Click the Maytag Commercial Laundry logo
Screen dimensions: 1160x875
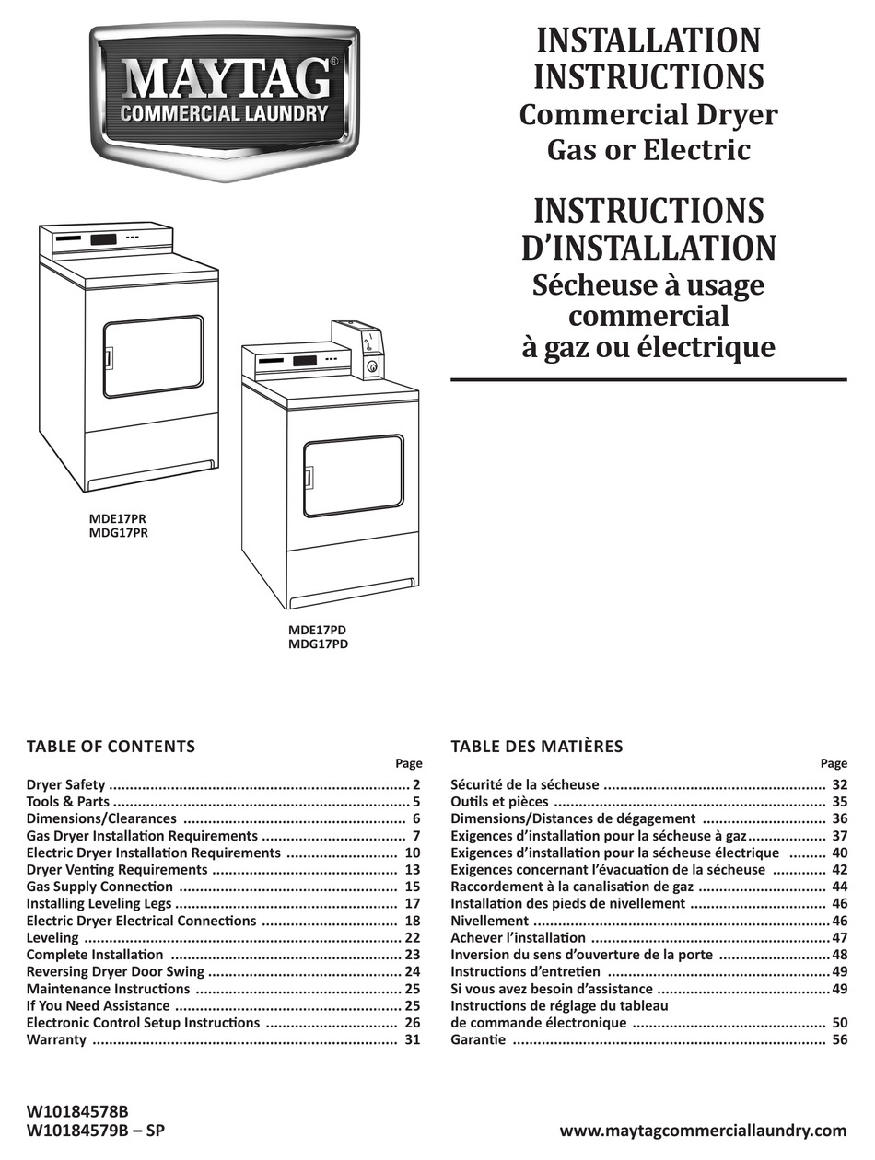pyautogui.click(x=225, y=99)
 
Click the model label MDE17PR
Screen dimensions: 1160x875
pyautogui.click(x=118, y=518)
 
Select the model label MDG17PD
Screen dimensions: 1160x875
pyautogui.click(x=319, y=644)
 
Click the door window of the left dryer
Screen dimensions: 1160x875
pyautogui.click(x=153, y=356)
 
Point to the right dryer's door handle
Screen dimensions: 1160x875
pyautogui.click(x=309, y=478)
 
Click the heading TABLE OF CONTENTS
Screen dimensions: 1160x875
pyautogui.click(x=111, y=747)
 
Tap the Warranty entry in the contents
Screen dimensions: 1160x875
pyautogui.click(x=56, y=1039)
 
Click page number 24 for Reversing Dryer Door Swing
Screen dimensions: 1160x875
pyautogui.click(x=411, y=971)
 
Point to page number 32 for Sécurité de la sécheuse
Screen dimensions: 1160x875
pyautogui.click(x=838, y=785)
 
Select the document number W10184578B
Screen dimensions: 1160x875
pyautogui.click(x=77, y=1111)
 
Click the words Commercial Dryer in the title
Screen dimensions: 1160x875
pyautogui.click(x=648, y=115)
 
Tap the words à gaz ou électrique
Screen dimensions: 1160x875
pyautogui.click(x=648, y=347)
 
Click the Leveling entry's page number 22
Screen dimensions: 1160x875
pyautogui.click(x=411, y=937)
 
